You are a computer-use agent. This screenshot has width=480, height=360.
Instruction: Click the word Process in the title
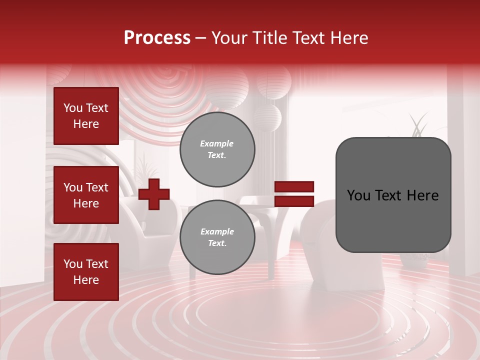[157, 38]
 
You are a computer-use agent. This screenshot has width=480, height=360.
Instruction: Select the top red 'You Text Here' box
[86, 116]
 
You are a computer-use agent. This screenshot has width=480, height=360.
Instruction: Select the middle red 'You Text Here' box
[86, 195]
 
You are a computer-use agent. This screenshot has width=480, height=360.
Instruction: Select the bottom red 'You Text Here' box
[86, 271]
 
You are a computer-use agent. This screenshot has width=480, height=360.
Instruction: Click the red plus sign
[154, 194]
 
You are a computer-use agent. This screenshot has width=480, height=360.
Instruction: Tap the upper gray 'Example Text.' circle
[217, 149]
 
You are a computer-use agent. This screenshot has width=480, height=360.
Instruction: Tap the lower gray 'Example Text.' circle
[217, 237]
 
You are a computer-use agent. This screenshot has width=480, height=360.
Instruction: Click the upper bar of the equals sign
[294, 187]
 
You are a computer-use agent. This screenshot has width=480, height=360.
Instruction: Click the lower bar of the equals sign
[294, 201]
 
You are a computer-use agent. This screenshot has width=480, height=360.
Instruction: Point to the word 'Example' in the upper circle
[217, 143]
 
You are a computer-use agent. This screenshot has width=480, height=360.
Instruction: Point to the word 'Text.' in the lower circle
[217, 243]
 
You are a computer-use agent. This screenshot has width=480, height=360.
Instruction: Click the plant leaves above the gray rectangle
[418, 125]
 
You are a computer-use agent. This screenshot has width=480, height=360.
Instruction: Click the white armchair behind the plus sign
[150, 220]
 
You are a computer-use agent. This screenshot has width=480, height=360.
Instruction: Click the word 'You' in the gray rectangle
[358, 195]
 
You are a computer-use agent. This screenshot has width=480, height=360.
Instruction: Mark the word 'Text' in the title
[307, 38]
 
